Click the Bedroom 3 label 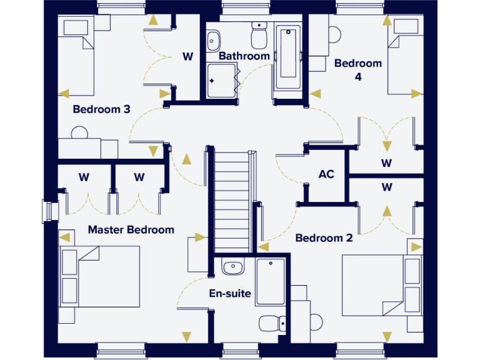click(101, 109)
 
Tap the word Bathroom click(244, 56)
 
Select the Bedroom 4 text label click(357, 69)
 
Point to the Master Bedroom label click(131, 229)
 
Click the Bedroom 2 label click(324, 238)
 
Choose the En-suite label click(230, 293)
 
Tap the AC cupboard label click(326, 174)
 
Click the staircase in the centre click(231, 194)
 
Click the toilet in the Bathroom click(259, 36)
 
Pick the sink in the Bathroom click(214, 40)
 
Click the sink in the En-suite click(232, 267)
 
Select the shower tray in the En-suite click(271, 281)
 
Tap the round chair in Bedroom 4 click(333, 34)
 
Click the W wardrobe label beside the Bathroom click(187, 56)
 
